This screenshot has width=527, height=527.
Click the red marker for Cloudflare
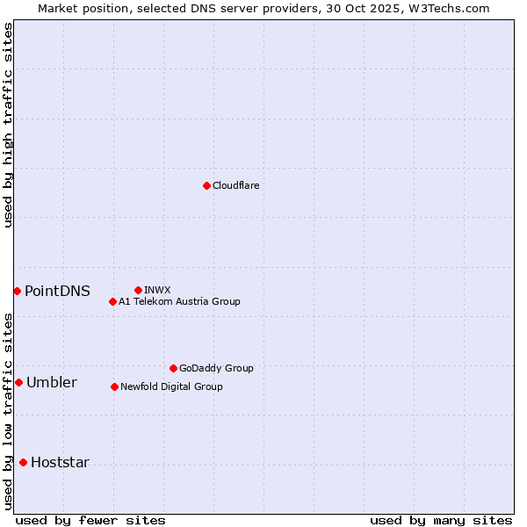coord(206,185)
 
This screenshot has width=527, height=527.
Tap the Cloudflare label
coord(236,185)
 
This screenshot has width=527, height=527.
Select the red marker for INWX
coord(138,290)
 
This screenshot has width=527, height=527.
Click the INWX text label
coord(157,290)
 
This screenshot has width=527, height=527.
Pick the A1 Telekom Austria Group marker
coord(112,301)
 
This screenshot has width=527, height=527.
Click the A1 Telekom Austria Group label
coord(179,301)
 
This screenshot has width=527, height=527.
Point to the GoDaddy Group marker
coord(173,368)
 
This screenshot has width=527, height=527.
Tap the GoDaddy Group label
coord(216,368)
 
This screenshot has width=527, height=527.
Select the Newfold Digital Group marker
coord(114,386)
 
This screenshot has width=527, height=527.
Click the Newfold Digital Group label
coord(171,386)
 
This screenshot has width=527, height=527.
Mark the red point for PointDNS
coord(17,291)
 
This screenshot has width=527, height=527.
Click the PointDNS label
coord(57,291)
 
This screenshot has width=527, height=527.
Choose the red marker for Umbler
coord(18,382)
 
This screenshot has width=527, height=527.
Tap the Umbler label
coord(51,382)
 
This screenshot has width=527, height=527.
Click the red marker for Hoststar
coord(23,462)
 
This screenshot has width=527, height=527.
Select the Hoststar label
coord(60,462)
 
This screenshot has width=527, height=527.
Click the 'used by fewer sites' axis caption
coord(90,520)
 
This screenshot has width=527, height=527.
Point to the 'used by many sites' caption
coord(441,520)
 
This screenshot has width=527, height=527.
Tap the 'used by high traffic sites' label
coord(8,125)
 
